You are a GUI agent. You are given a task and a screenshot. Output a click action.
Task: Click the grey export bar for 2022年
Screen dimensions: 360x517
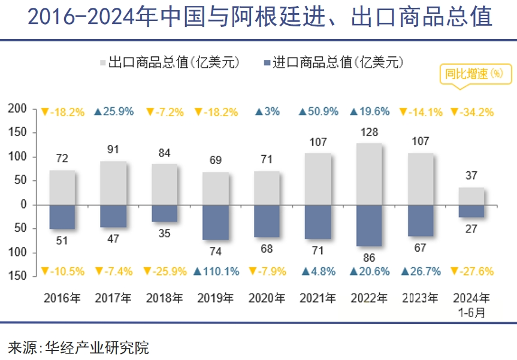(x=369, y=174)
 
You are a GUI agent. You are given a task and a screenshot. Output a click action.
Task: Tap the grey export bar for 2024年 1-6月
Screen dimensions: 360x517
(x=471, y=196)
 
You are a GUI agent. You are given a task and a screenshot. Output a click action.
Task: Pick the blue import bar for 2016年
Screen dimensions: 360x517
(x=62, y=216)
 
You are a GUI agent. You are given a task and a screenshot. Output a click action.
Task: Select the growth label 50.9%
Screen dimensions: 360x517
(x=319, y=111)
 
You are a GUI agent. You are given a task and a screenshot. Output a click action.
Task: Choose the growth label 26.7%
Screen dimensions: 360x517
(x=421, y=271)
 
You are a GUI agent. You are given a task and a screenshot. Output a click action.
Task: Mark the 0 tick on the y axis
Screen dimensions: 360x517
(x=25, y=204)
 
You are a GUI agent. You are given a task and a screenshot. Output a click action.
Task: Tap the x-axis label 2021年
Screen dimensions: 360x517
(x=318, y=298)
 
